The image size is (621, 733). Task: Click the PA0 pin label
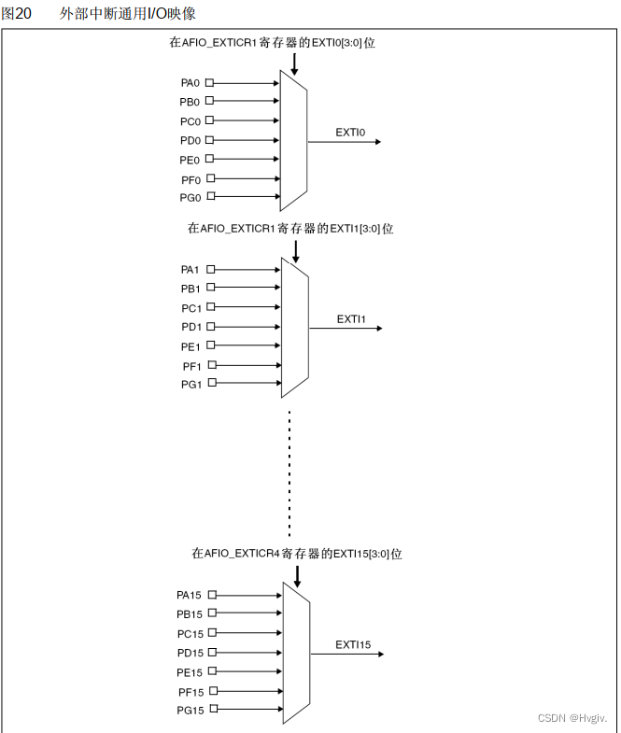[190, 82]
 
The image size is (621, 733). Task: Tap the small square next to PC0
[209, 120]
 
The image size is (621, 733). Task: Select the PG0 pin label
[190, 197]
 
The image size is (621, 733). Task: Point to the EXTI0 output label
[350, 133]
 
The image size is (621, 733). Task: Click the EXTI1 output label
[351, 319]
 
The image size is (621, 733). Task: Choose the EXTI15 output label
[353, 645]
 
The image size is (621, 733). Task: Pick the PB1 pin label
[191, 289]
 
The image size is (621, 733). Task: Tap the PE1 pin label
[191, 346]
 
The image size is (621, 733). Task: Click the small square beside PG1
[210, 383]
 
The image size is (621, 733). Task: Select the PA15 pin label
[189, 595]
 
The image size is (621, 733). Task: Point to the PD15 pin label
[190, 653]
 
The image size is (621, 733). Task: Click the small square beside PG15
[213, 710]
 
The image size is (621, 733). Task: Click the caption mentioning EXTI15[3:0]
[297, 554]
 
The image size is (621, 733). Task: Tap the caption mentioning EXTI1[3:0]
[290, 228]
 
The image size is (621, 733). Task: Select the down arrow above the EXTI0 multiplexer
[294, 63]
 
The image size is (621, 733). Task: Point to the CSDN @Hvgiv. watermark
[572, 717]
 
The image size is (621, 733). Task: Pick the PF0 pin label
[190, 178]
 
